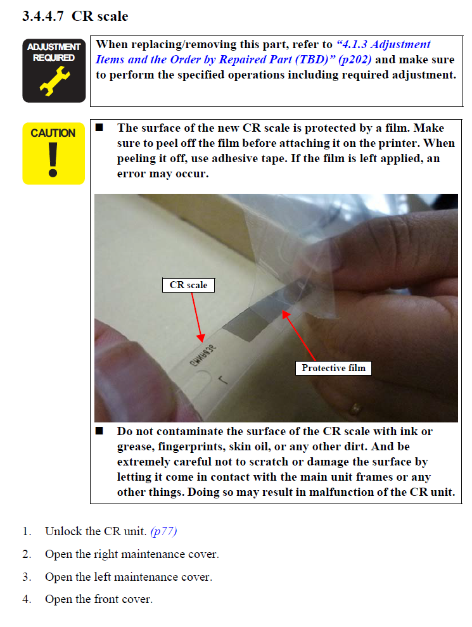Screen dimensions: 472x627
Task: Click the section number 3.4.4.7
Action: point(43,16)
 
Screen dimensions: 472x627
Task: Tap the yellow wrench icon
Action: point(54,81)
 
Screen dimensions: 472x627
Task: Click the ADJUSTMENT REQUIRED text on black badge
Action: point(54,53)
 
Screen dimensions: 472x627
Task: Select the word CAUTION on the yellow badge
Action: point(53,133)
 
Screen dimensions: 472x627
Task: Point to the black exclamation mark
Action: point(53,160)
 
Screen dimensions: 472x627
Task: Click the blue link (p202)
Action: point(355,60)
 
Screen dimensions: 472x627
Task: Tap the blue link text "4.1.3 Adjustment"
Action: point(383,44)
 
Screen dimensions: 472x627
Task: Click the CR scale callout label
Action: point(188,285)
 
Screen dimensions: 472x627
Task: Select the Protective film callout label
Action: point(334,368)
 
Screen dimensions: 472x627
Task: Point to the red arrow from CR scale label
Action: point(197,317)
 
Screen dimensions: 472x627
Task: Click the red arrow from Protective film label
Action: point(299,336)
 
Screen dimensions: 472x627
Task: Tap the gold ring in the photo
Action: point(354,408)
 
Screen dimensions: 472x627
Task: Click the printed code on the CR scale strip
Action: point(203,354)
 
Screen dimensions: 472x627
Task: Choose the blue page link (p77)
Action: point(163,531)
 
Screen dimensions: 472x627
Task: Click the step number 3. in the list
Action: point(27,577)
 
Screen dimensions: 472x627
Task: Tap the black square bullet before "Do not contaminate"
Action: point(99,431)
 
